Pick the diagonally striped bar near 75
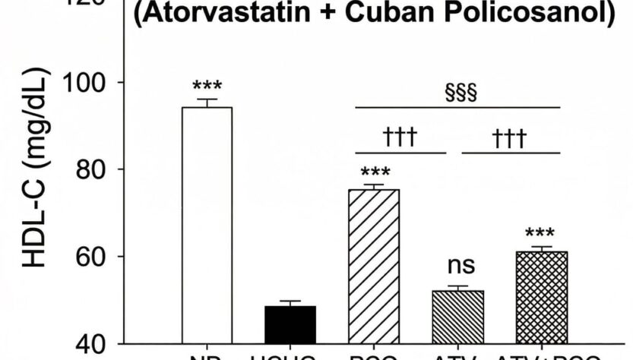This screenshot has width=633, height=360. (x=373, y=266)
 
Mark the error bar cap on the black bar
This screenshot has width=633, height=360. (x=290, y=302)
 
